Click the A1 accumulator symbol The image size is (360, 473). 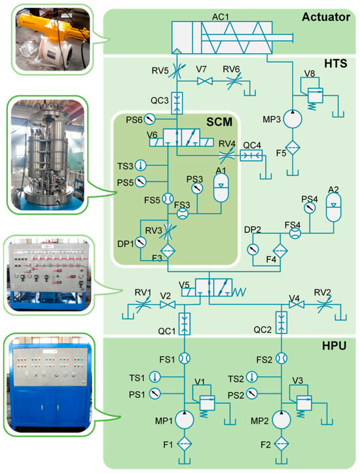221,181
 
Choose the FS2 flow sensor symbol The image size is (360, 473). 281,359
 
